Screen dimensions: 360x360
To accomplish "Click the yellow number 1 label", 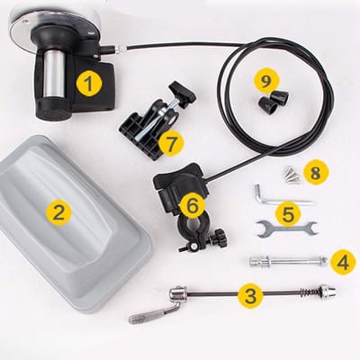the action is coord(89,83).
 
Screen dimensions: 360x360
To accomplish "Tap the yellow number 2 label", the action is coord(58,212).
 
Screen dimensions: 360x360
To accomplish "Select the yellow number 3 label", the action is coord(250,295).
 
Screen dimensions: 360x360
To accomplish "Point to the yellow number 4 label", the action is coord(343,262).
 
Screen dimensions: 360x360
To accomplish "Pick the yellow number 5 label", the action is coord(288,213).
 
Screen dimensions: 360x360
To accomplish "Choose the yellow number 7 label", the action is coord(171,144).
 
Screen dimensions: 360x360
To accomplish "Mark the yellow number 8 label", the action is coord(315,172).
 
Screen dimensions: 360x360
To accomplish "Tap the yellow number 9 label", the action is coord(266,81).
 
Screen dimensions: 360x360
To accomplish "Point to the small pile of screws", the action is coord(292,175).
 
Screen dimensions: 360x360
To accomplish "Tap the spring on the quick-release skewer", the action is coord(308,291).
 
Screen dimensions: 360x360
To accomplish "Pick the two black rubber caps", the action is coord(274,101).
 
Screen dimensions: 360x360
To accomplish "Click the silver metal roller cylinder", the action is coord(54,74).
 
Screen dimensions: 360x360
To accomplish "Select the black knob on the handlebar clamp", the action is coord(218,237).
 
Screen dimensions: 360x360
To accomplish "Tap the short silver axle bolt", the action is coord(288,260).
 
